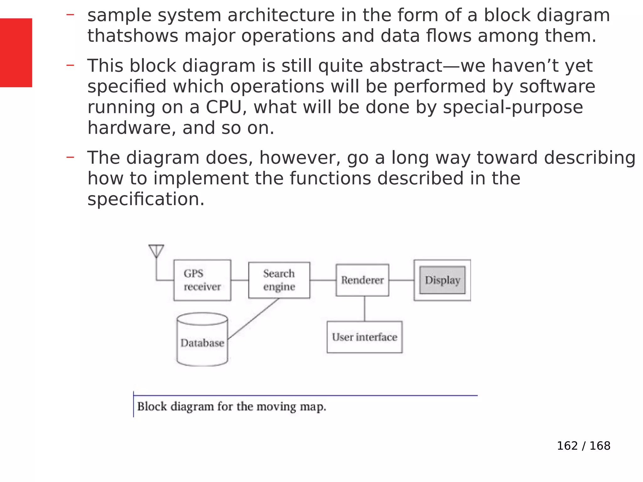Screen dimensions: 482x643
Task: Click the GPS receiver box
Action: (x=202, y=280)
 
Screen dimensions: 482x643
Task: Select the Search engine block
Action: (x=279, y=280)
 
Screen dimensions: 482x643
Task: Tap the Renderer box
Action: (x=362, y=280)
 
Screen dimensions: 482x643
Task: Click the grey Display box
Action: (x=442, y=280)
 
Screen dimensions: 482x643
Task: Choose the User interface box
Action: (x=364, y=337)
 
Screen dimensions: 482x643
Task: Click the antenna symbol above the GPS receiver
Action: (x=156, y=251)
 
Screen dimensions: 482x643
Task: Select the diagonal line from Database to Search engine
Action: (x=253, y=319)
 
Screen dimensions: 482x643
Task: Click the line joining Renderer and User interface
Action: (x=365, y=309)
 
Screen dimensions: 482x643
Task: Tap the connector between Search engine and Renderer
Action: (x=323, y=280)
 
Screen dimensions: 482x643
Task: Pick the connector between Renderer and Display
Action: (x=401, y=280)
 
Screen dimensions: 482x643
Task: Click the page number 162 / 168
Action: (x=583, y=446)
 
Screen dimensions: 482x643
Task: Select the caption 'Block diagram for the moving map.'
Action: (x=232, y=407)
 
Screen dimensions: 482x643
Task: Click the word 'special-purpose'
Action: (x=513, y=107)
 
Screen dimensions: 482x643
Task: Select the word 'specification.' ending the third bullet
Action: (x=146, y=199)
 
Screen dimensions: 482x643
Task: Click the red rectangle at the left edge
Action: (x=16, y=52)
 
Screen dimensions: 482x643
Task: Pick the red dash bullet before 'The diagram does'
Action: (x=70, y=157)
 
